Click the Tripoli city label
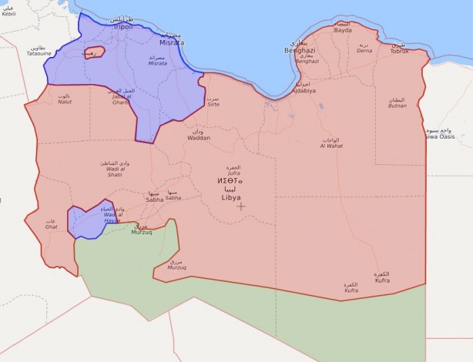point(123,27)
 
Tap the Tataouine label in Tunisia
point(39,53)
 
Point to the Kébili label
point(8,12)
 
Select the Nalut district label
point(65,102)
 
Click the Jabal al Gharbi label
point(119,95)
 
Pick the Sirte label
point(213,103)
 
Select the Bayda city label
point(343,30)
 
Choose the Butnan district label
point(398,105)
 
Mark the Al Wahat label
point(330,146)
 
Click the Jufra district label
point(234,173)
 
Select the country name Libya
point(230,197)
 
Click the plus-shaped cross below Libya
point(241,206)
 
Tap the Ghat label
point(52,227)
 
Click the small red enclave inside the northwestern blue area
point(93,52)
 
